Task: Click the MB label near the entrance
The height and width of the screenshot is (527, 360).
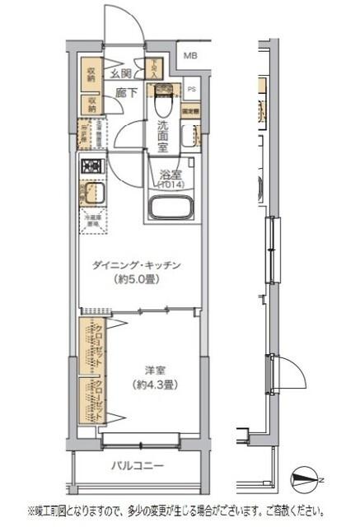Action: coord(190,56)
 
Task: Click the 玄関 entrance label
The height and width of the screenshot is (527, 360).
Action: coord(122,74)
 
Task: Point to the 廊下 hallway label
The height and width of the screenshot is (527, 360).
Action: coord(126,94)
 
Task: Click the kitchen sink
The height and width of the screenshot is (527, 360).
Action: coord(90,196)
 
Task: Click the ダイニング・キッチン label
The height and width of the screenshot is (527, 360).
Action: coord(136,265)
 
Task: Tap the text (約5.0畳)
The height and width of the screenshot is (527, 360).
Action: coord(136,278)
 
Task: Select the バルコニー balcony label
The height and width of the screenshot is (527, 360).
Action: coord(138,467)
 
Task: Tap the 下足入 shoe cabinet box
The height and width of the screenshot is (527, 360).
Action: coord(152,68)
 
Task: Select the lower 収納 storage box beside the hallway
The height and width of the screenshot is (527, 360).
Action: coord(90,105)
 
